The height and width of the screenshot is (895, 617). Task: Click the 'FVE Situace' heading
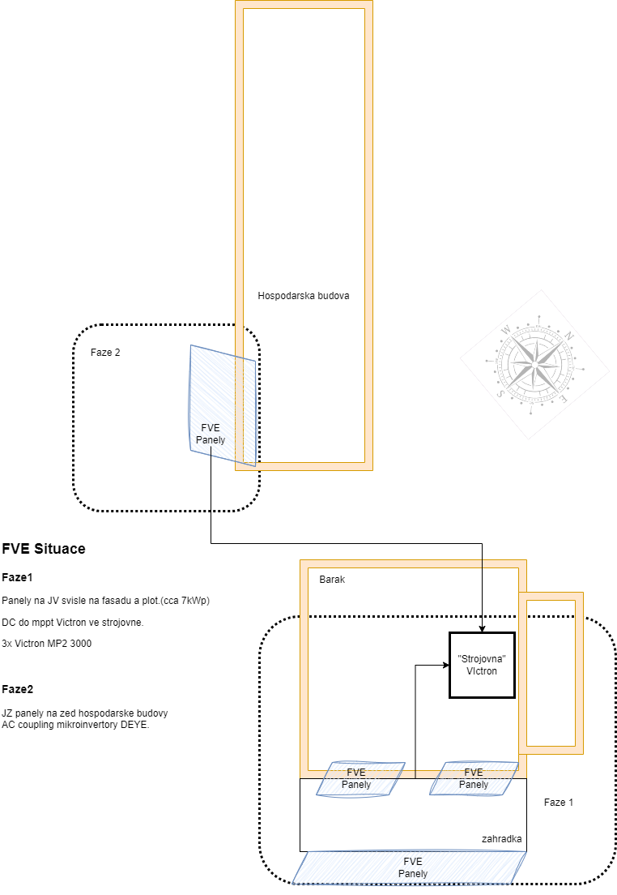[x=44, y=549]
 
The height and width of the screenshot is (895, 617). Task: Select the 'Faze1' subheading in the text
[x=18, y=578]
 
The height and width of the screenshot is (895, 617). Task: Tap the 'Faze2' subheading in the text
[x=18, y=690]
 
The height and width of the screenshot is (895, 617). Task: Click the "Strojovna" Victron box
[x=482, y=665]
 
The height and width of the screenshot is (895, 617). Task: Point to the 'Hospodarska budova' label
[x=304, y=296]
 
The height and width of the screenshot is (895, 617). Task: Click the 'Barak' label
[x=332, y=580]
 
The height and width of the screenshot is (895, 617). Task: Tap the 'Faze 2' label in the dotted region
[x=106, y=353]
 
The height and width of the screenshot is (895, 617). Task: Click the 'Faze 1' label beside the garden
[x=559, y=802]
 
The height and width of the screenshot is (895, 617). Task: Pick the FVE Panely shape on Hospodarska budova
[x=222, y=405]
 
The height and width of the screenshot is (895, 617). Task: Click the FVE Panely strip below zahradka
[x=412, y=867]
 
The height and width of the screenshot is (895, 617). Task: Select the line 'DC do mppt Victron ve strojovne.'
[x=73, y=622]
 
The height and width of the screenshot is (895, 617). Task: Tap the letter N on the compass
[x=568, y=336]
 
